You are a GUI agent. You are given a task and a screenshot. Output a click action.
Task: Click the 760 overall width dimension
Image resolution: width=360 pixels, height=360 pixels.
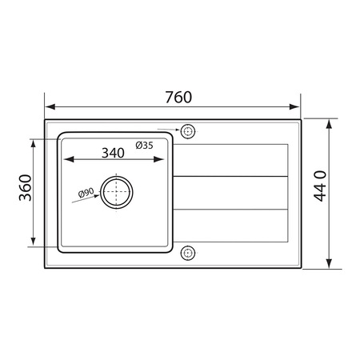coord(178,98)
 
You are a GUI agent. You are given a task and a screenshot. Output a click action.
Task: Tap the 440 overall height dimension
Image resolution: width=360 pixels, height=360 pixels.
coord(320,186)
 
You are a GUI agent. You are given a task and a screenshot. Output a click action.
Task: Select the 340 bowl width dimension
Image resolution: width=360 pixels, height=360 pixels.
coord(113,153)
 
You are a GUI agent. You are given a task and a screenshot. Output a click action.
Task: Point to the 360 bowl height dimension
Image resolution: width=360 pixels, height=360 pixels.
coord(26,187)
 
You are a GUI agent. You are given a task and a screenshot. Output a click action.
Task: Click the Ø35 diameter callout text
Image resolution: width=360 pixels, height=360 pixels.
coord(144,146)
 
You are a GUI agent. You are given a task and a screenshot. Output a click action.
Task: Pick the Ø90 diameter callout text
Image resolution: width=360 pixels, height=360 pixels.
coord(86,192)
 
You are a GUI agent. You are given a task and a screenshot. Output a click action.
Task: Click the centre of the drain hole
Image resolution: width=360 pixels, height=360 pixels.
coord(117,192)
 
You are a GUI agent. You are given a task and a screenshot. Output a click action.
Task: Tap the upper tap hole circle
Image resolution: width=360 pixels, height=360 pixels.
coord(188,131)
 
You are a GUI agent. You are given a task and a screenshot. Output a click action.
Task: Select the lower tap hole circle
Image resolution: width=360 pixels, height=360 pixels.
coord(188,253)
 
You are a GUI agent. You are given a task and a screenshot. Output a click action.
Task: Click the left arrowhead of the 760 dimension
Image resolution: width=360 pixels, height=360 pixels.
coord(50,107)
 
